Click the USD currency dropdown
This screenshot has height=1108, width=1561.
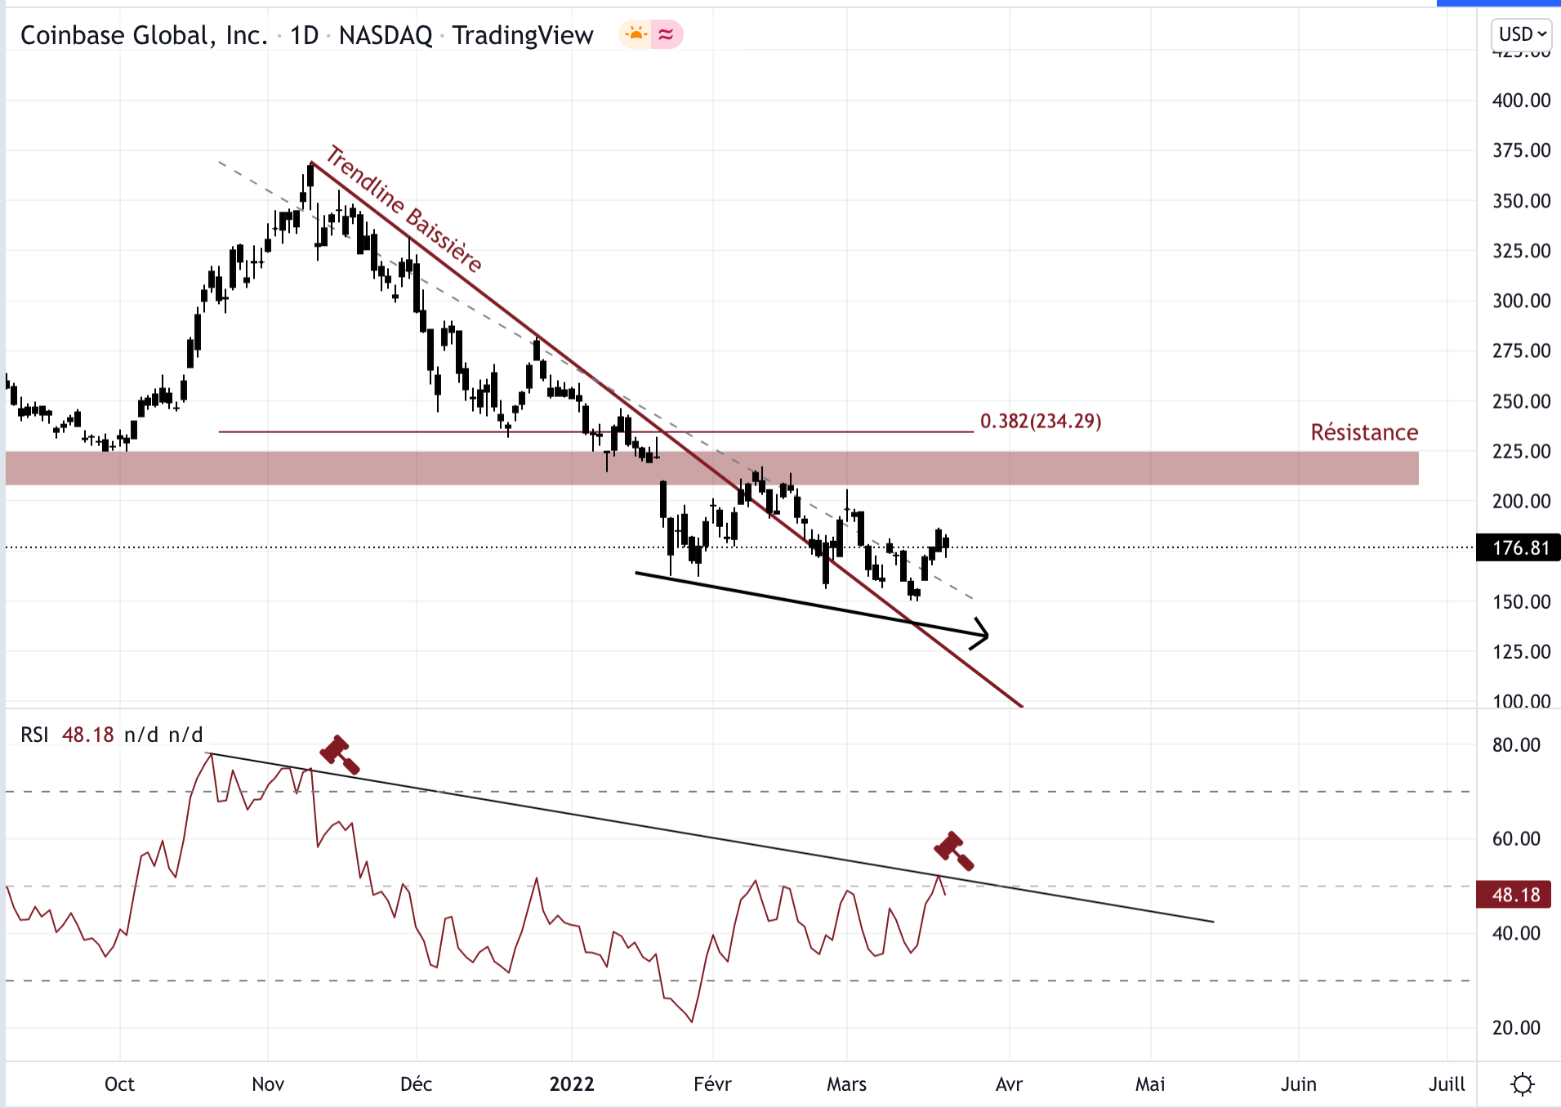point(1522,34)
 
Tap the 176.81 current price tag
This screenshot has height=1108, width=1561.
point(1519,547)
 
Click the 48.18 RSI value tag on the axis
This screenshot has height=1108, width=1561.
point(1515,895)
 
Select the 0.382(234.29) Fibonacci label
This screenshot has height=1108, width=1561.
point(1041,421)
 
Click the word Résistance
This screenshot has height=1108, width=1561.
point(1364,432)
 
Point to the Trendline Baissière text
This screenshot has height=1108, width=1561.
point(404,208)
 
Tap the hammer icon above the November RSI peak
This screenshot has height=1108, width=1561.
point(339,753)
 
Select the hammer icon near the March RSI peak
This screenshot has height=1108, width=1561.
point(953,851)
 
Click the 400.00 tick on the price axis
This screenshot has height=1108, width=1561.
point(1521,101)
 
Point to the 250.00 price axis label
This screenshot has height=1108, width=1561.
point(1521,401)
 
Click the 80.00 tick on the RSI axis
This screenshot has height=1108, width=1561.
point(1516,744)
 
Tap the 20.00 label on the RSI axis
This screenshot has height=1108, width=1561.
point(1516,1028)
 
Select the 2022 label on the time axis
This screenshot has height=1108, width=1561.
point(572,1084)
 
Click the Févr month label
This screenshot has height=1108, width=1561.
point(712,1084)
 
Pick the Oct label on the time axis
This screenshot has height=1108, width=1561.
point(119,1084)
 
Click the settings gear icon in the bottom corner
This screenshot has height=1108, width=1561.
point(1522,1084)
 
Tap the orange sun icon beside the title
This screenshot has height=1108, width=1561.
point(635,34)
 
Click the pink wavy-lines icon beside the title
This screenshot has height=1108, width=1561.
point(667,34)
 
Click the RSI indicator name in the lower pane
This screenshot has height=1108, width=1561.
point(34,735)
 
